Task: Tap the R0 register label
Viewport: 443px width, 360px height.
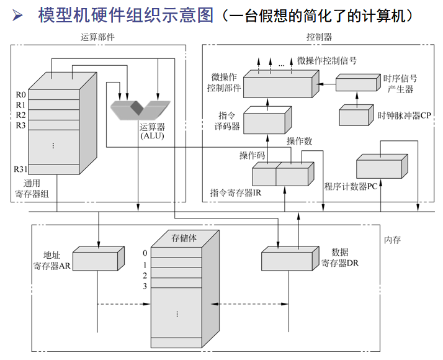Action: click(20, 95)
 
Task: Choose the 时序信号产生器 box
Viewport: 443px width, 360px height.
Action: click(357, 83)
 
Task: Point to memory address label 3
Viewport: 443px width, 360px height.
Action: click(145, 286)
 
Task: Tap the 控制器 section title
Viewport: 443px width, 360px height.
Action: click(319, 37)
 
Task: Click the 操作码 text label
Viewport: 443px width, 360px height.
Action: click(252, 155)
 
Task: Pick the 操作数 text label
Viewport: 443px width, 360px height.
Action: click(299, 142)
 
